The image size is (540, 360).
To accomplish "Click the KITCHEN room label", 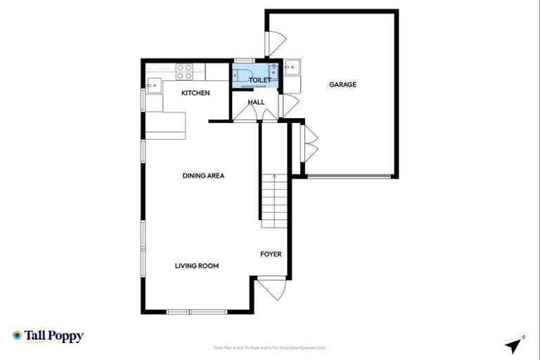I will (x=195, y=93).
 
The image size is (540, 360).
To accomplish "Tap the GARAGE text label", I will (x=343, y=84).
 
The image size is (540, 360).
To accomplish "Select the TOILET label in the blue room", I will (x=259, y=80).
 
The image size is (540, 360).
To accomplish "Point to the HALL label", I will (x=256, y=102).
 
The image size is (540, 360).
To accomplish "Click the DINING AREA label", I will (x=203, y=176).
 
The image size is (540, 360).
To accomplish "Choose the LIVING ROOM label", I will (x=197, y=266).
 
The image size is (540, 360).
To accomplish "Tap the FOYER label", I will (x=271, y=254).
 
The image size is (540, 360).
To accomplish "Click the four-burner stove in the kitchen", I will (x=184, y=71).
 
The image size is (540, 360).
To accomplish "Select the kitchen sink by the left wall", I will (x=153, y=86).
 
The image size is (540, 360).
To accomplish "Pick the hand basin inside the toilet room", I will (x=272, y=70).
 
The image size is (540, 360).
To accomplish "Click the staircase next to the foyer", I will (x=274, y=200).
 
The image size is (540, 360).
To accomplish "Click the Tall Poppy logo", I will (x=48, y=336).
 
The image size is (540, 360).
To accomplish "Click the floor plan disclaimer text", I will (x=269, y=348).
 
